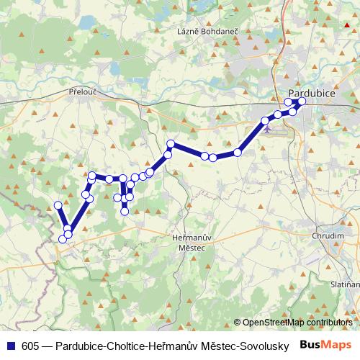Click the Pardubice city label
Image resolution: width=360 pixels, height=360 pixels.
312,93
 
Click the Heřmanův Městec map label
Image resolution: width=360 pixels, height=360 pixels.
191,242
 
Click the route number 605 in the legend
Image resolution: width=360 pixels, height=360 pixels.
30,346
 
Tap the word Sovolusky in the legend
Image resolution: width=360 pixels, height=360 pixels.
263,346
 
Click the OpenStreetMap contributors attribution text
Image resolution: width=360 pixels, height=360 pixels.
297,323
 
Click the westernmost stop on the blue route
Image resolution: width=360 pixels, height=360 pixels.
58,205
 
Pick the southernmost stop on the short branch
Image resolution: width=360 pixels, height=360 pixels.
125,211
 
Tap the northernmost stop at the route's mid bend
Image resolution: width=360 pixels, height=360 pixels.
171,144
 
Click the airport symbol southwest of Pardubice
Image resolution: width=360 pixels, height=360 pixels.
268,130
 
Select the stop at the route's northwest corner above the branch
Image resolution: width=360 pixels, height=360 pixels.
92,175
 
